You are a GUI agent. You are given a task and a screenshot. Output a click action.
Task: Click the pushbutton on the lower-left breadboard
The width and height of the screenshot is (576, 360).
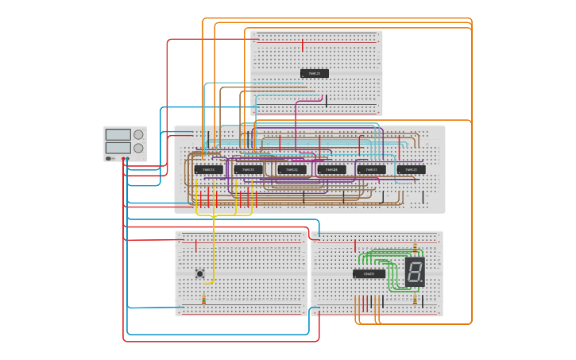(x=200, y=273)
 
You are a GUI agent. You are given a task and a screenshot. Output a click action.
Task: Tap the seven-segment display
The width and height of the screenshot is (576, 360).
(x=415, y=272)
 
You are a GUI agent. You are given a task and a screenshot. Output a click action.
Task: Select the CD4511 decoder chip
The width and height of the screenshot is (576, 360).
(x=369, y=273)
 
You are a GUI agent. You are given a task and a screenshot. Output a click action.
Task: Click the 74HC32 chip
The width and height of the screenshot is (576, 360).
(x=292, y=169)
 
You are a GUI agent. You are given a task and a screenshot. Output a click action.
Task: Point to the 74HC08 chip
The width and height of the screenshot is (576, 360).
(x=331, y=169)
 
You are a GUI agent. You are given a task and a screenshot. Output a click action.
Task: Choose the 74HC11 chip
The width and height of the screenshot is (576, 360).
(x=371, y=169)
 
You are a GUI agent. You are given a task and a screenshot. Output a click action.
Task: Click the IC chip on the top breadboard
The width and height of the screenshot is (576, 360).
(x=315, y=73)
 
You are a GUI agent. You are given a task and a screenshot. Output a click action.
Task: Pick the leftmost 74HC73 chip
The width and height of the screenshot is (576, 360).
(x=208, y=169)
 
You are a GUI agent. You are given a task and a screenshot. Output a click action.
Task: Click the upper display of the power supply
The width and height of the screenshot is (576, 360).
(x=118, y=134)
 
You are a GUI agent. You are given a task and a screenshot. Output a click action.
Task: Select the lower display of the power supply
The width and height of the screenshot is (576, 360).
(x=118, y=148)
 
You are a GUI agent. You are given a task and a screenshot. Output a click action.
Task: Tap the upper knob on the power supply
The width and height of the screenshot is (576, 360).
(x=139, y=134)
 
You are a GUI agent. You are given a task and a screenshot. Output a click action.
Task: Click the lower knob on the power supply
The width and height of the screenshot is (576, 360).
(x=139, y=148)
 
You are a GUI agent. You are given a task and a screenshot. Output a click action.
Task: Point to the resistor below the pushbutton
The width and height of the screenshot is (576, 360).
(x=204, y=299)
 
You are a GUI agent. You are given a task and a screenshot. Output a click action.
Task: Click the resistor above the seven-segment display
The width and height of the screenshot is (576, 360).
(x=415, y=246)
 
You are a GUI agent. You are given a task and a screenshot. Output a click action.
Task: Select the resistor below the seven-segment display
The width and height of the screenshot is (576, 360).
(x=415, y=299)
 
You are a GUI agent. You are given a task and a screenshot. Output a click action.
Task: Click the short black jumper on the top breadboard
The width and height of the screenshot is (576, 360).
(x=326, y=101)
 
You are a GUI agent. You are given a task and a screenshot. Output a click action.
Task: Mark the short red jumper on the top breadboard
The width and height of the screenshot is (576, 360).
(x=303, y=45)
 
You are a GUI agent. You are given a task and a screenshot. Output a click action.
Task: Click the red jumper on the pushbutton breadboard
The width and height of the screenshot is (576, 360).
(x=195, y=246)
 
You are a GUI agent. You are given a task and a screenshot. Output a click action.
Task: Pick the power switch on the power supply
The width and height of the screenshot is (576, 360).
(x=109, y=158)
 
